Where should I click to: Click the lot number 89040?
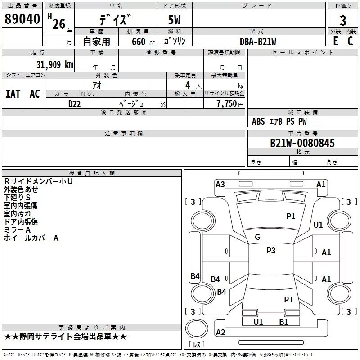pyautogui.click(x=22, y=19)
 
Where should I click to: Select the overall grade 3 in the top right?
pyautogui.click(x=343, y=21)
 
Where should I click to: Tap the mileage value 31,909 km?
pyautogui.click(x=54, y=65)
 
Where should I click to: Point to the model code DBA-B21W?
pyautogui.click(x=258, y=41)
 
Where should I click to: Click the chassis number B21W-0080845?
pyautogui.click(x=302, y=143)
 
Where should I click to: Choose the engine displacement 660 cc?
pyautogui.click(x=143, y=42)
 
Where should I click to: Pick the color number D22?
pyautogui.click(x=74, y=104)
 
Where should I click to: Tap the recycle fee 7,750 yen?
pyautogui.click(x=230, y=104)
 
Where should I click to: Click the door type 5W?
pyautogui.click(x=174, y=20)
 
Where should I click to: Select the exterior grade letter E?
pyautogui.click(x=336, y=41)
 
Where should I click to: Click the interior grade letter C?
pyautogui.click(x=350, y=41)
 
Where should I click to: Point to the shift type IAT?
pyautogui.click(x=13, y=94)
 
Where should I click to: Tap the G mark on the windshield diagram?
pyautogui.click(x=257, y=237)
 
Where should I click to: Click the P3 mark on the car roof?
pyautogui.click(x=271, y=251)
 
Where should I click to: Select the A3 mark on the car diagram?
pyautogui.click(x=220, y=184)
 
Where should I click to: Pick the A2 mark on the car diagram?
pyautogui.click(x=220, y=332)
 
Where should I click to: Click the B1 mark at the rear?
pyautogui.click(x=283, y=322)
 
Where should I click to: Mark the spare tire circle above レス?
pyautogui.click(x=197, y=328)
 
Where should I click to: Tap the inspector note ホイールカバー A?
pyautogui.click(x=31, y=238)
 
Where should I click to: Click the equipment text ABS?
pyautogui.click(x=258, y=121)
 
